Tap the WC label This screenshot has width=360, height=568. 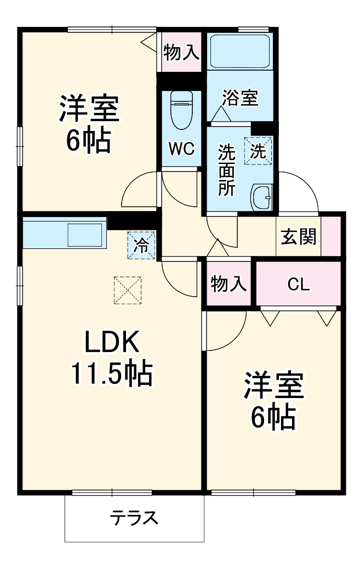(x=182, y=149)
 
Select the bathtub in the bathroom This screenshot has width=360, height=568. (x=240, y=52)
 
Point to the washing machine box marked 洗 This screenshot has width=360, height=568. (x=258, y=151)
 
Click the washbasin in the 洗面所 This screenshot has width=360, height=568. (x=261, y=197)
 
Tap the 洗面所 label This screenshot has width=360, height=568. (x=227, y=170)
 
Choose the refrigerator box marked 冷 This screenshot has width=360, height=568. (x=141, y=245)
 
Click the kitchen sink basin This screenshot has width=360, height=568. (x=85, y=235)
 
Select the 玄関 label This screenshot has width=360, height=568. (x=299, y=236)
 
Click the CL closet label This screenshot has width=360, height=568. (x=299, y=285)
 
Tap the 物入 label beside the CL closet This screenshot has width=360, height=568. (x=228, y=283)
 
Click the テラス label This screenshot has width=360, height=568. (x=134, y=518)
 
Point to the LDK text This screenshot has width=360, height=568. (x=112, y=342)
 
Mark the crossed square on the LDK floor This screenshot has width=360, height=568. (x=128, y=290)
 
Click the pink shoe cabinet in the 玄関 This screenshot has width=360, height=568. (x=331, y=236)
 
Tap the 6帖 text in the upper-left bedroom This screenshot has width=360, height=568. (x=88, y=140)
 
